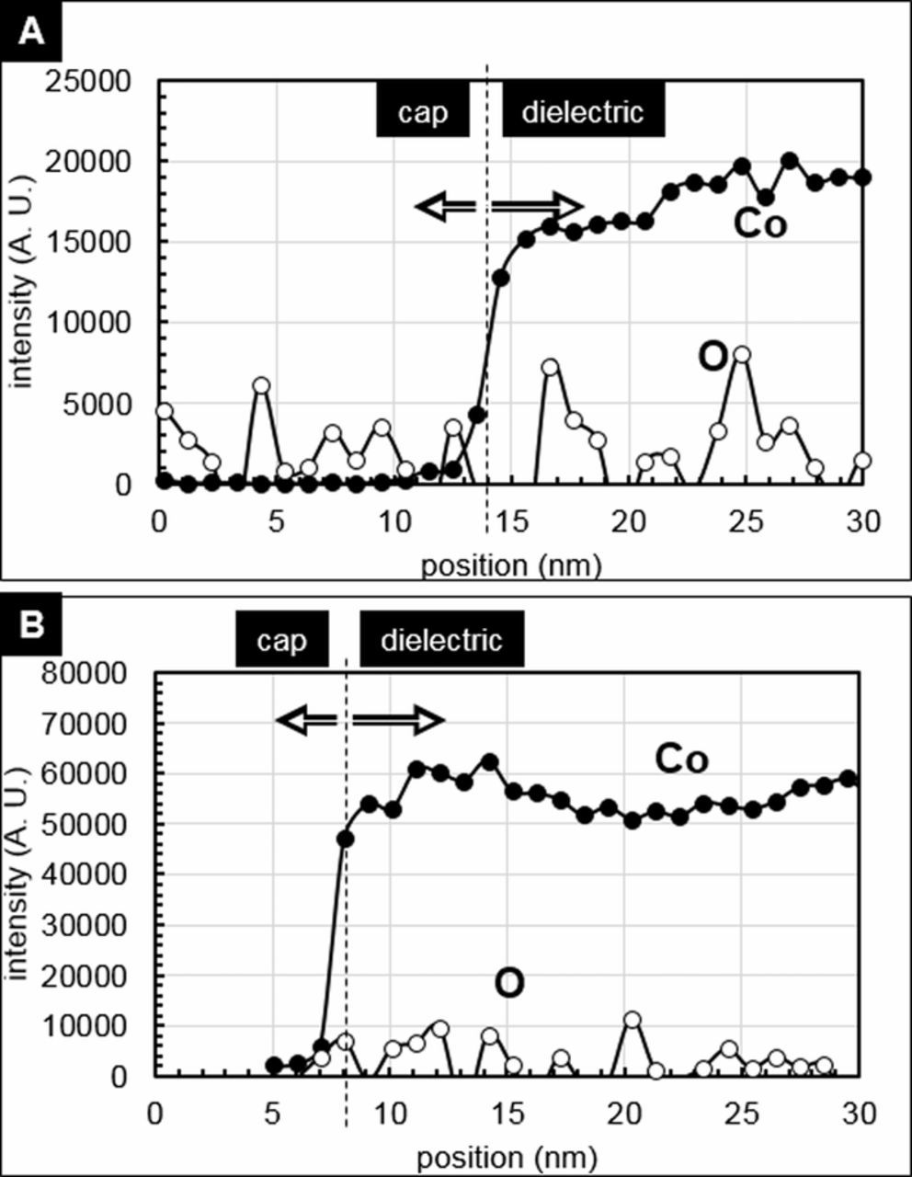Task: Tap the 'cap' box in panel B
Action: (281, 640)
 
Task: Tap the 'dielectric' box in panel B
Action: (441, 640)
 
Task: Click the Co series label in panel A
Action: (759, 224)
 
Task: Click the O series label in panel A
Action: (712, 358)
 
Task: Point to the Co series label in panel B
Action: (681, 759)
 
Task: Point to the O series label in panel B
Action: (509, 983)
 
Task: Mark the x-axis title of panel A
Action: (511, 565)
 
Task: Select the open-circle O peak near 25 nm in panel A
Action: (742, 355)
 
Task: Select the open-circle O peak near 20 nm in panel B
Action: (632, 1020)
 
